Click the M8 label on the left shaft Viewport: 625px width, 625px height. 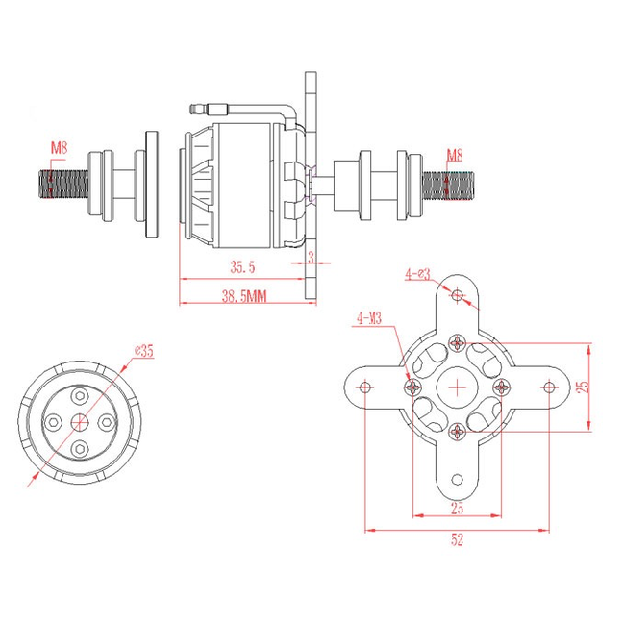tap(60, 147)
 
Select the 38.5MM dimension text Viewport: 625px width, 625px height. tap(242, 297)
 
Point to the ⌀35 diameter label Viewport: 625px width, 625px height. tap(144, 351)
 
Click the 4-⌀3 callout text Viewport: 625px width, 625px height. tap(417, 274)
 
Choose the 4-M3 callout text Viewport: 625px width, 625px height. tap(369, 317)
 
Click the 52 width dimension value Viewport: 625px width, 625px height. tap(457, 540)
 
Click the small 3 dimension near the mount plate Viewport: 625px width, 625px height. tap(311, 257)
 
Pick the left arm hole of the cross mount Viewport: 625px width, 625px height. tap(365, 387)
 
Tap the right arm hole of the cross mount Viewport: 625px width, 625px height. tap(548, 387)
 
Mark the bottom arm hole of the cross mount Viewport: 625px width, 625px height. tap(457, 478)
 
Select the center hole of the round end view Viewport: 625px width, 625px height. tap(81, 420)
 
